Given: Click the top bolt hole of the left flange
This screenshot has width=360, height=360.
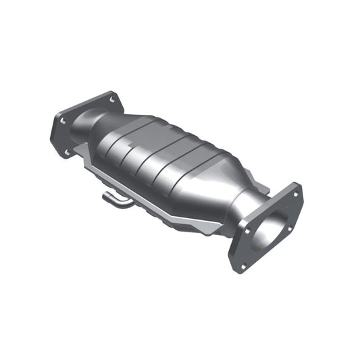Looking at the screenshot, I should click(x=111, y=99).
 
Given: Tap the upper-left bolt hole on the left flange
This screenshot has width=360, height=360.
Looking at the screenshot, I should click(x=63, y=121).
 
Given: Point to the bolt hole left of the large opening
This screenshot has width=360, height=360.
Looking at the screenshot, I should click(x=247, y=230).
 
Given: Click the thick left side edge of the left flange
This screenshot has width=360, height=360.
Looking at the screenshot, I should click(x=54, y=135).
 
